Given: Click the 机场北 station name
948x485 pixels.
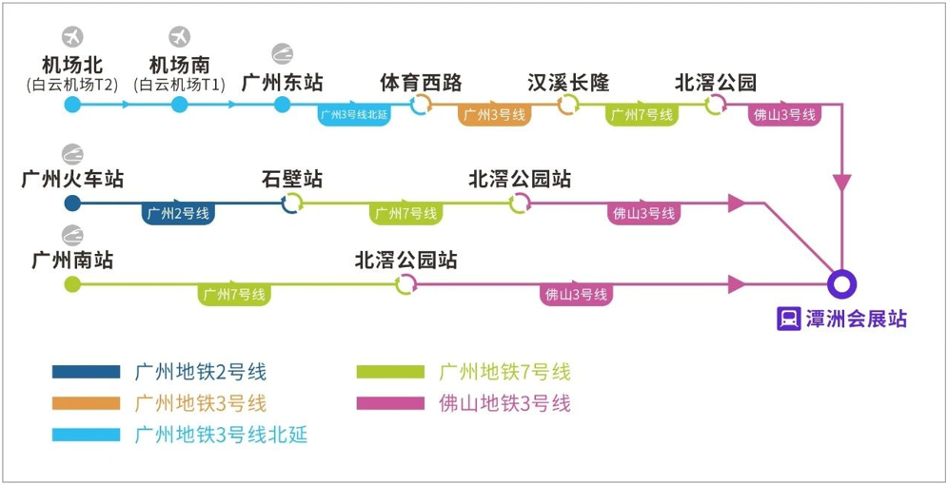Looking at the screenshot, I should click(x=72, y=65).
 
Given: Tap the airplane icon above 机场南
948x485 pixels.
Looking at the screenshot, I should click(x=180, y=37).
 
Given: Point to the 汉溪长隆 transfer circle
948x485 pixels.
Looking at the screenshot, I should click(x=568, y=105).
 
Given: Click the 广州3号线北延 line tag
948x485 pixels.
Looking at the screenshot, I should click(x=354, y=116).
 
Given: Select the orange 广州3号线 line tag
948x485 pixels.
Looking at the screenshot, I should click(x=494, y=116).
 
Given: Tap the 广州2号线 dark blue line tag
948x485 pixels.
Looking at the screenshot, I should click(x=179, y=213).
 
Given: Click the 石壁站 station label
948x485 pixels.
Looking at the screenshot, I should click(x=292, y=179).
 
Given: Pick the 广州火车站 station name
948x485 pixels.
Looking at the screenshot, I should click(x=72, y=179).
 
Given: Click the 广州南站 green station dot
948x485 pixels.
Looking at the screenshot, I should click(x=71, y=283).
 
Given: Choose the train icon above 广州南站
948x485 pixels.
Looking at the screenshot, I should click(x=72, y=235).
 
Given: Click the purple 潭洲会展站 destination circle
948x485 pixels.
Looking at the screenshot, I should click(x=842, y=283).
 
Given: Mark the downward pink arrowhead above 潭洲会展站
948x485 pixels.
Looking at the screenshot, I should click(x=842, y=181).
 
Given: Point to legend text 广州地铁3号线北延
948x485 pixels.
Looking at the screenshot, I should click(x=221, y=435).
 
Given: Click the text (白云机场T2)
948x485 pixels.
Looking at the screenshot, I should click(x=72, y=85).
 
